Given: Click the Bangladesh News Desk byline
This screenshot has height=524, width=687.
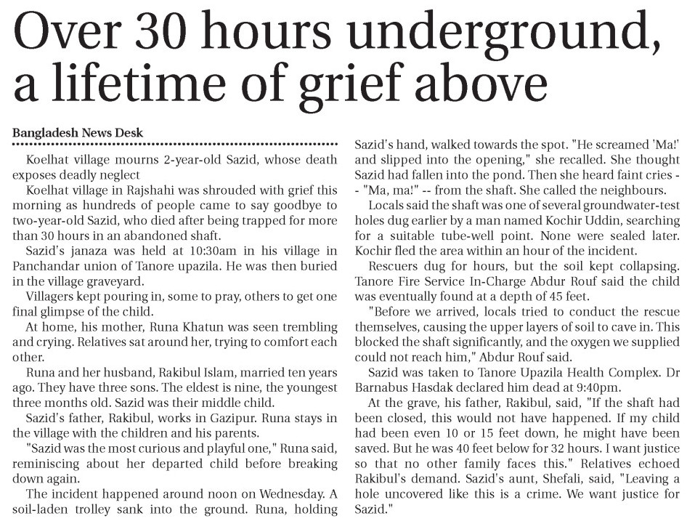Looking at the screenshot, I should (78, 133).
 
